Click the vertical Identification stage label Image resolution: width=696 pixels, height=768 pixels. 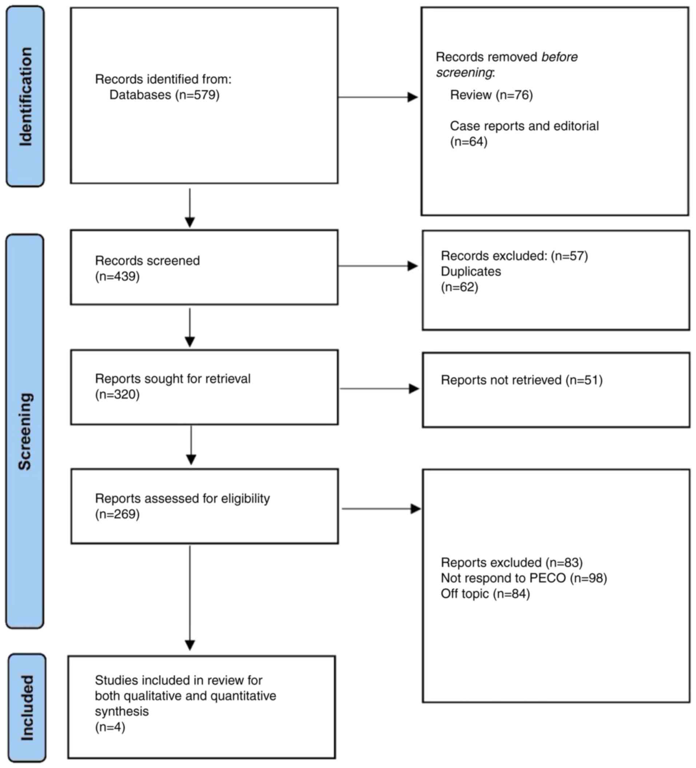click(x=25, y=96)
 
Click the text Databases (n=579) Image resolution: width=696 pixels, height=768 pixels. click(x=164, y=95)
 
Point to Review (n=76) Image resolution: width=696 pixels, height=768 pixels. click(x=491, y=95)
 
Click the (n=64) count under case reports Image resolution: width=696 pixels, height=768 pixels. click(x=469, y=142)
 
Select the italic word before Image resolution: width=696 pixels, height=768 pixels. click(x=559, y=57)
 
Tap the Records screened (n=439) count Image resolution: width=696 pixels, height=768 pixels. click(x=118, y=276)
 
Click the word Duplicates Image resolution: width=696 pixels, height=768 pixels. click(x=471, y=271)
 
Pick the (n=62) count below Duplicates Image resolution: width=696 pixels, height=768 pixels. click(x=459, y=287)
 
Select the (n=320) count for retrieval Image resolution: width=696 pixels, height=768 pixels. click(x=118, y=394)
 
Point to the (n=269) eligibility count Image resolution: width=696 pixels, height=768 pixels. click(x=118, y=514)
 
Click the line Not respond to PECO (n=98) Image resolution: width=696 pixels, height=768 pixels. click(x=523, y=578)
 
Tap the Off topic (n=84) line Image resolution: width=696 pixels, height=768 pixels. click(x=485, y=593)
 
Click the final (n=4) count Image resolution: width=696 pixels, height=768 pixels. click(x=110, y=727)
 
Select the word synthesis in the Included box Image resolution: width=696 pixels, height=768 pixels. click(x=122, y=711)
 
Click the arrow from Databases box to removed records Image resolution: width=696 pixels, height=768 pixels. click(x=377, y=97)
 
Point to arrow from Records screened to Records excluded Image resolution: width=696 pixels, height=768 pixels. click(x=377, y=266)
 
